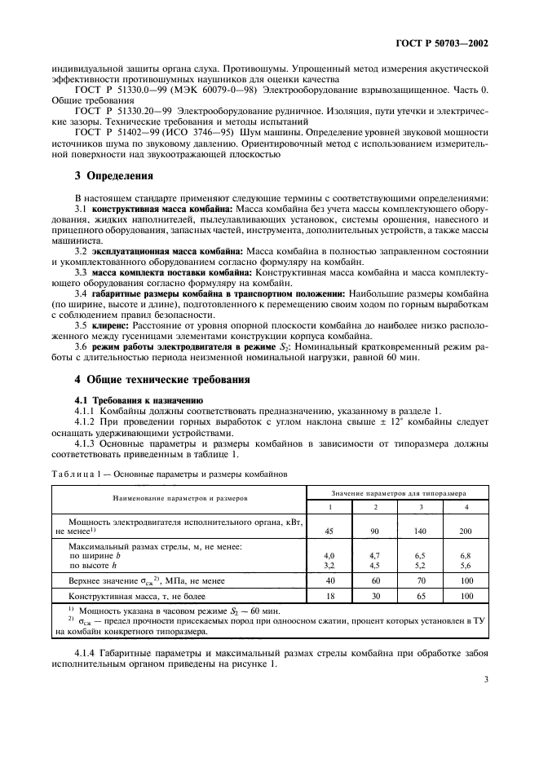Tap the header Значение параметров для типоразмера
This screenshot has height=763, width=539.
point(398,492)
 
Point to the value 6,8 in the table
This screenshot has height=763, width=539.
point(466,554)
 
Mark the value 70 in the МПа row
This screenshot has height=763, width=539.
point(420,580)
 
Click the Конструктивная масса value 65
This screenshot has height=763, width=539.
point(420,596)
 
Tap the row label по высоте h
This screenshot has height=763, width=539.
point(95,563)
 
